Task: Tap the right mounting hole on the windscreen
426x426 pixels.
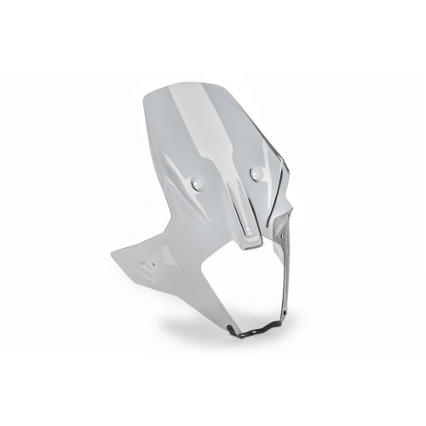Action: pos(254,174)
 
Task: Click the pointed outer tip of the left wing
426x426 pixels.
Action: pos(112,253)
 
